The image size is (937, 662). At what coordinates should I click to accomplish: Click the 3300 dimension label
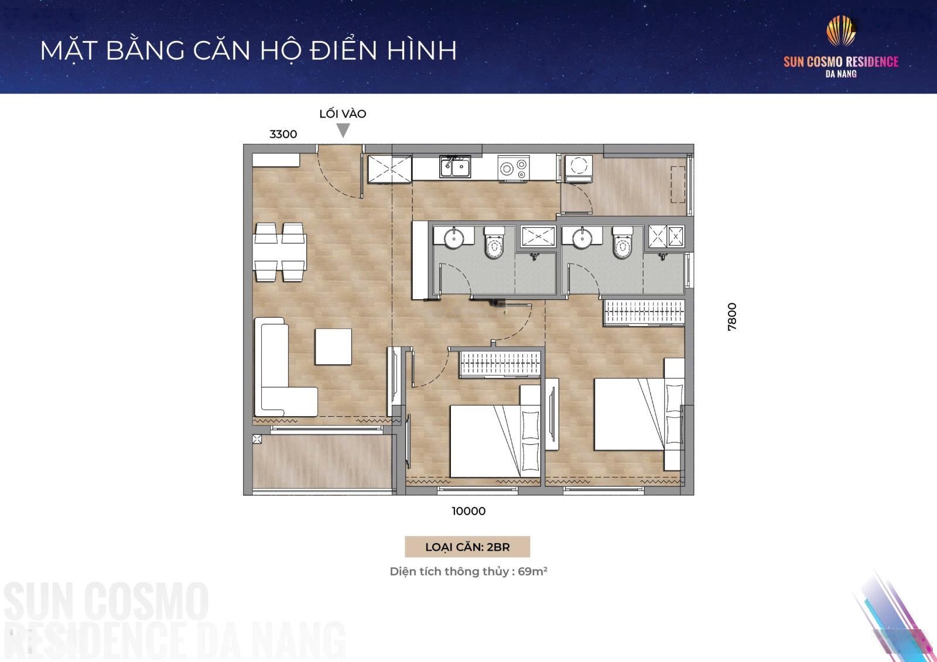click(283, 134)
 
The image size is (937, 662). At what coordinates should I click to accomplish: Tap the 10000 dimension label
click(468, 511)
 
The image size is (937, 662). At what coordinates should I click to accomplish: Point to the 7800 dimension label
click(731, 317)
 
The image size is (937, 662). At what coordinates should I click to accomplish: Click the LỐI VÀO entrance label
click(343, 114)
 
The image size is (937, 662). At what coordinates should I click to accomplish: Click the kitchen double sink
click(454, 166)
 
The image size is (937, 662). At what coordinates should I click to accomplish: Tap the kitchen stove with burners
click(514, 168)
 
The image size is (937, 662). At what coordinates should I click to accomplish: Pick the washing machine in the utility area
click(579, 169)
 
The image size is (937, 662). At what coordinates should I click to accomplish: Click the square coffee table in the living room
click(333, 347)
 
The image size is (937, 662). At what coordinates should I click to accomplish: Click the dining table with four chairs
click(280, 252)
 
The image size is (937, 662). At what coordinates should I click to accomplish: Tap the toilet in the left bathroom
click(494, 242)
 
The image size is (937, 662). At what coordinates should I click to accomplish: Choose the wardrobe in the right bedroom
click(644, 313)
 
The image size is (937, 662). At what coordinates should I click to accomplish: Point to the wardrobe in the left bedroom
click(500, 364)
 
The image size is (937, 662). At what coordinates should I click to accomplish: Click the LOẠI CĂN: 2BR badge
click(467, 547)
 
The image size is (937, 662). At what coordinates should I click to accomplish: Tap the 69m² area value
click(532, 571)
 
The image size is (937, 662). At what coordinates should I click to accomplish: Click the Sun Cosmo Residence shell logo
click(841, 30)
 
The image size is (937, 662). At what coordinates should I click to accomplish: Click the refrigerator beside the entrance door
click(389, 169)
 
